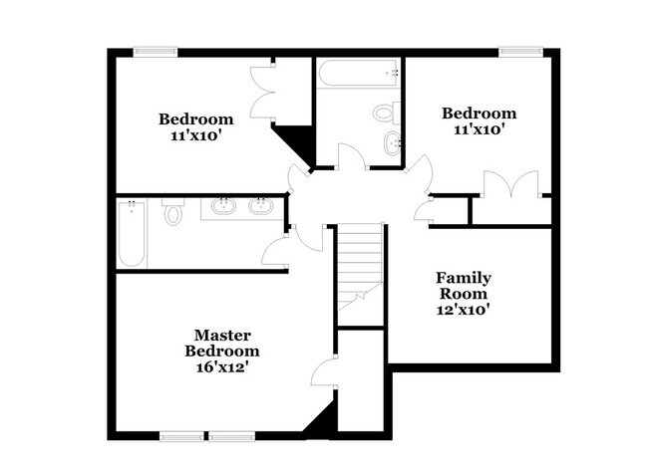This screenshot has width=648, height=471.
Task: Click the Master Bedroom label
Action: click(x=221, y=343)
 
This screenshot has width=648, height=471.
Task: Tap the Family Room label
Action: click(x=464, y=286)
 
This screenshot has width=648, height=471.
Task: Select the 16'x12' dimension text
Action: click(x=221, y=367)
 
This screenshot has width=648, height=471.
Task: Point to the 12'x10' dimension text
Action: click(x=464, y=310)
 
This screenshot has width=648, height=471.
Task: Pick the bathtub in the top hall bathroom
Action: click(x=359, y=72)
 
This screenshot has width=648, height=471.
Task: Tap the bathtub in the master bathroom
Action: click(x=132, y=234)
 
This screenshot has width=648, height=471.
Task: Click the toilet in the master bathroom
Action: click(x=172, y=211)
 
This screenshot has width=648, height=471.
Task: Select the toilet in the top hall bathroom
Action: click(x=387, y=112)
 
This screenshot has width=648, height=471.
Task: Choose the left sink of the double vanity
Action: click(x=222, y=207)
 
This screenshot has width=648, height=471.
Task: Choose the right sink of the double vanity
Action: click(x=260, y=207)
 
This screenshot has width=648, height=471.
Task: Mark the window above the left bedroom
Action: click(x=156, y=51)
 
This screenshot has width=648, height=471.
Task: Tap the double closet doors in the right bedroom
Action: click(x=509, y=185)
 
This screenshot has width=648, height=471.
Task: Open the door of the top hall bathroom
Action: click(x=351, y=158)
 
